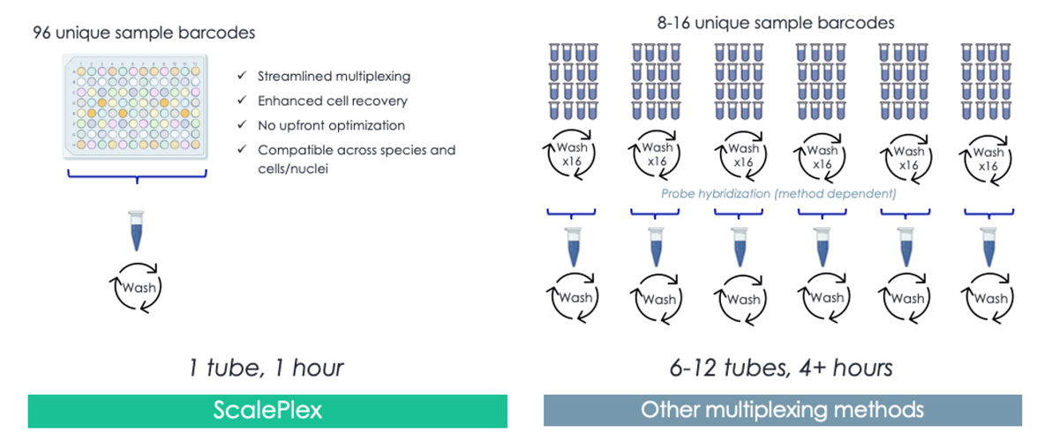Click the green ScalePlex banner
(x=267, y=411)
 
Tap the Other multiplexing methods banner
(x=782, y=410)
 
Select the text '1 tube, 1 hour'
(x=266, y=367)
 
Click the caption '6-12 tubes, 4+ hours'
(x=780, y=367)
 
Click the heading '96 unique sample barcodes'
(x=144, y=34)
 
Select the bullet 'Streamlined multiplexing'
(x=334, y=76)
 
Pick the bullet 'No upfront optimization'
(x=331, y=125)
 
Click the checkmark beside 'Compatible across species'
(x=242, y=150)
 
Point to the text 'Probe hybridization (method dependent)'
(x=778, y=193)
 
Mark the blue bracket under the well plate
(x=137, y=176)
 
